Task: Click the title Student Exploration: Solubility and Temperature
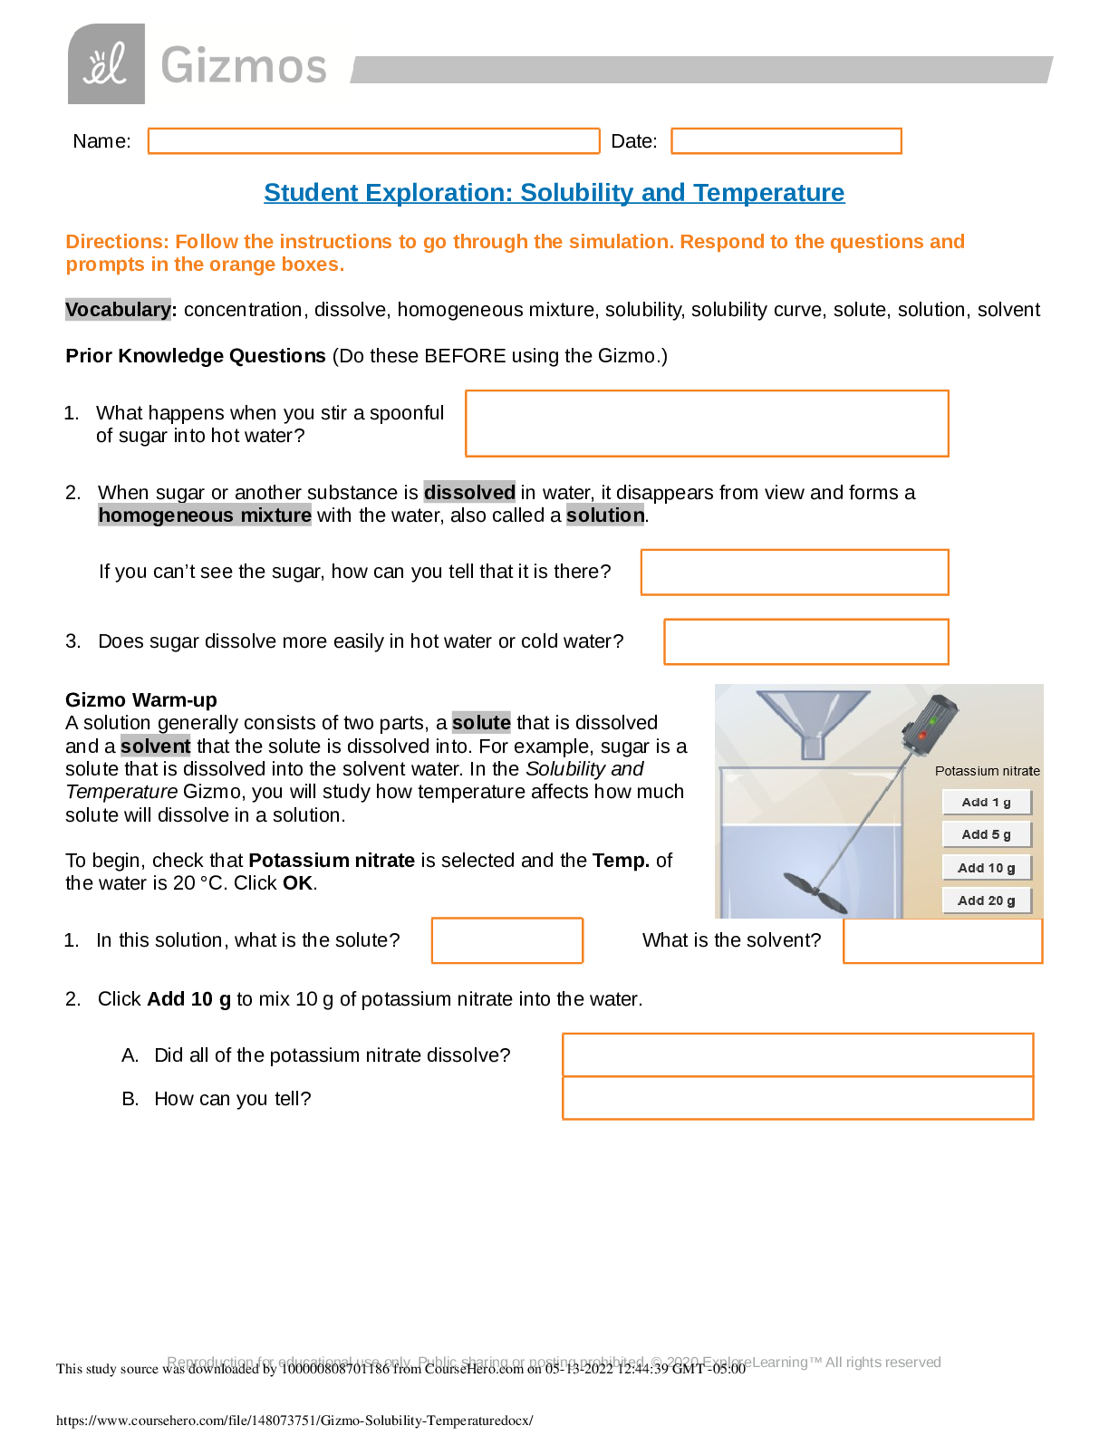tap(554, 193)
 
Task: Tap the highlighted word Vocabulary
tap(118, 310)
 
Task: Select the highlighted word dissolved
tap(469, 492)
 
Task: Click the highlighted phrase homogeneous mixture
tap(205, 515)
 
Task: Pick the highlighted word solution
tap(604, 515)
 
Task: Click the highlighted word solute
tap(481, 723)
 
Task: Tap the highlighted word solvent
tap(156, 746)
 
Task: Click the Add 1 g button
tap(986, 803)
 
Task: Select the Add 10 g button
tap(986, 868)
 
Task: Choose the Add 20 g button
tap(986, 900)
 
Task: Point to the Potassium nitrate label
tap(987, 771)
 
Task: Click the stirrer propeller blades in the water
tap(813, 891)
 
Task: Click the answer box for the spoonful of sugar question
tap(707, 424)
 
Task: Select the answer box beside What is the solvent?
tap(942, 941)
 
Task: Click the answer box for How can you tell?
tap(797, 1099)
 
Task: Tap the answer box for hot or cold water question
tap(806, 642)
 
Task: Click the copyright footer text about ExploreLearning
tap(554, 1362)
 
